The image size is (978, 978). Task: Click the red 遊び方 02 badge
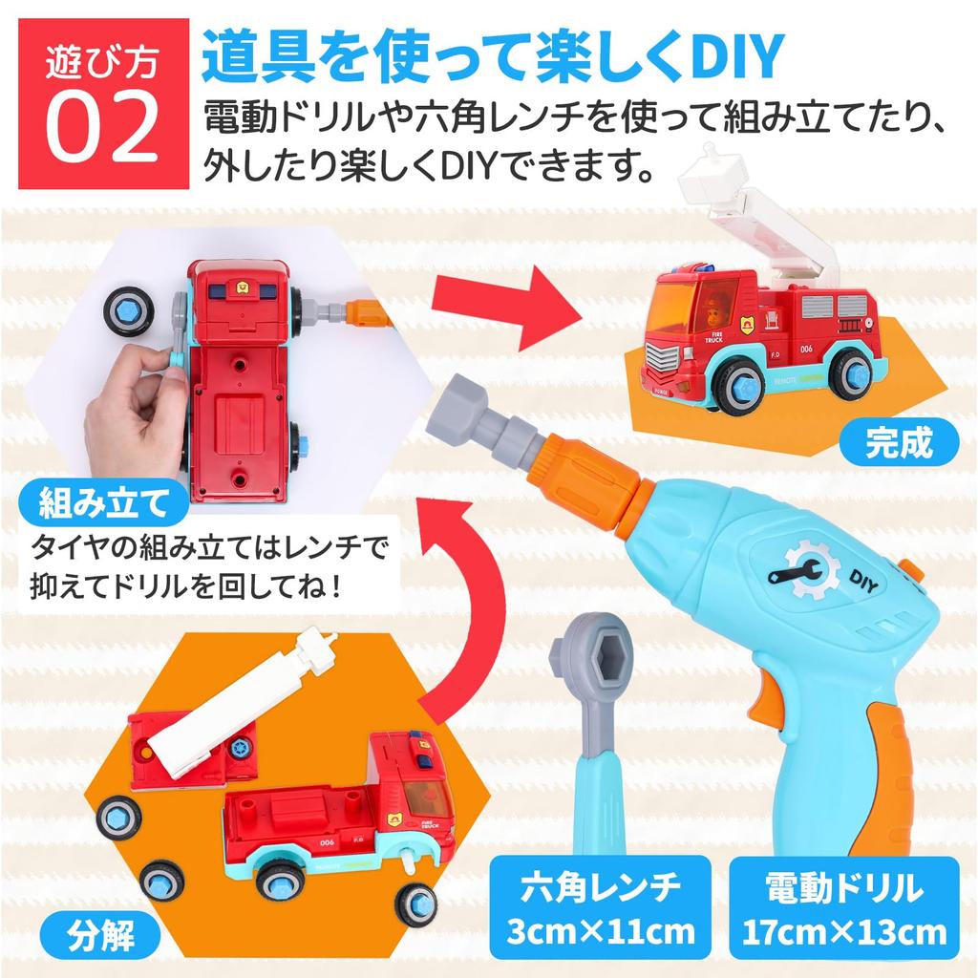click(103, 103)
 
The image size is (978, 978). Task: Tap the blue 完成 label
click(899, 442)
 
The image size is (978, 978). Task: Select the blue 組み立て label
click(103, 502)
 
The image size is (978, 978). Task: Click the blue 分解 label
click(100, 936)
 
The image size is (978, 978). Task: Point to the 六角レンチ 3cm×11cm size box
click(600, 907)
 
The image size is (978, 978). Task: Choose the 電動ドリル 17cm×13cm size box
click(844, 907)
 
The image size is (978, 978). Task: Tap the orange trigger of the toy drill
click(769, 698)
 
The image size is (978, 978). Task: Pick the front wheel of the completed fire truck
click(738, 383)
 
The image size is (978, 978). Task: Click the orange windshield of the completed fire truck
click(673, 308)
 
